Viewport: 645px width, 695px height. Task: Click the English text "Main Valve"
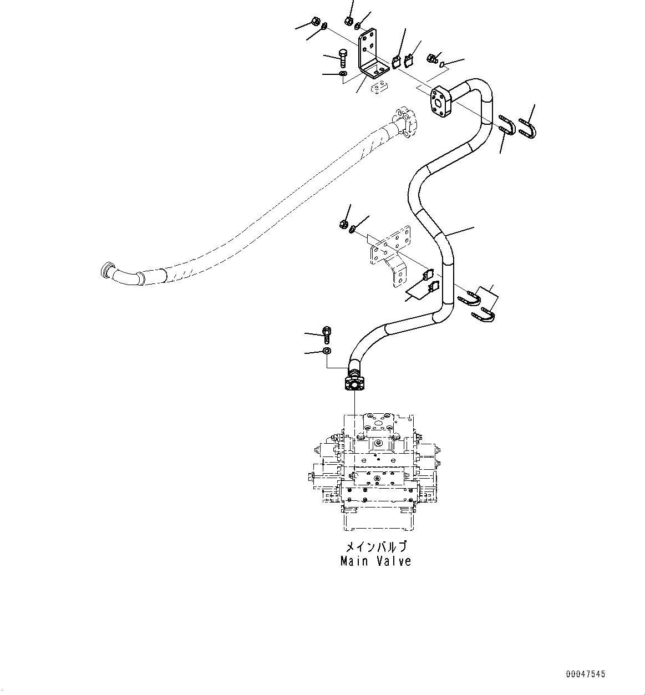(x=375, y=561)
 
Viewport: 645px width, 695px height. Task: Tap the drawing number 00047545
(x=586, y=674)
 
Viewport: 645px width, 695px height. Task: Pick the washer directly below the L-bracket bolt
(x=343, y=74)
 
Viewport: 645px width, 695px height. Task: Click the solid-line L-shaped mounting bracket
(x=370, y=55)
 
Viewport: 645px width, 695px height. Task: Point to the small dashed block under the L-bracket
(x=379, y=88)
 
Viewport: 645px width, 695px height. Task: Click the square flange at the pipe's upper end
(x=441, y=103)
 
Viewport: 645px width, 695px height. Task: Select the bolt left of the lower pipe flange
(x=327, y=334)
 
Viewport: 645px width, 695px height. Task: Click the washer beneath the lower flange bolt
(x=327, y=351)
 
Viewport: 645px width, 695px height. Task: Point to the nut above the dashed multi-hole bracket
(x=343, y=224)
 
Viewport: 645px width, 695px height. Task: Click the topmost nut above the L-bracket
(x=349, y=21)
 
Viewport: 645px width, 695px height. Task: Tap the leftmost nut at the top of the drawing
(x=313, y=23)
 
